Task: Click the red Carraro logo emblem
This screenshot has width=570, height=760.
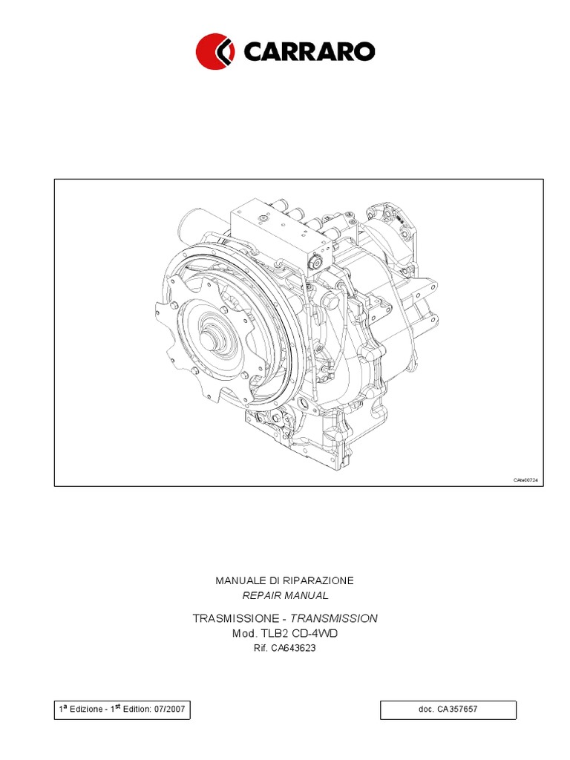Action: (215, 50)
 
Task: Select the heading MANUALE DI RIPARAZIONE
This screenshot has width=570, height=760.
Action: (284, 580)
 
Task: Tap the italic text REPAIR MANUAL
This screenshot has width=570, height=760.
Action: (285, 595)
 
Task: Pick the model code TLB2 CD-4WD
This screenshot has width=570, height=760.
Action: (301, 633)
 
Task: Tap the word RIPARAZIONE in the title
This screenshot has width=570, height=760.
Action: (318, 580)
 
